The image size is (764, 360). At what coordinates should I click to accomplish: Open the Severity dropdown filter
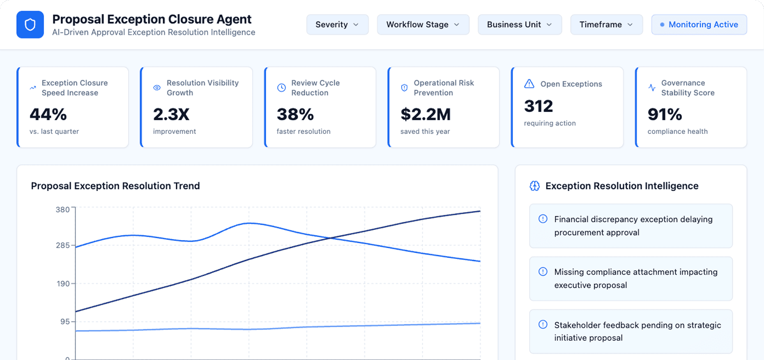pyautogui.click(x=337, y=25)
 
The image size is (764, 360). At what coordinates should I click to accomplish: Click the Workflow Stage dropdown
pyautogui.click(x=423, y=25)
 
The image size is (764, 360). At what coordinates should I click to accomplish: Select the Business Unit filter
pyautogui.click(x=519, y=25)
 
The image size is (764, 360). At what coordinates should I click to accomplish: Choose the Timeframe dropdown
pyautogui.click(x=606, y=25)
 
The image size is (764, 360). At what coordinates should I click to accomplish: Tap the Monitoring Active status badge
pyautogui.click(x=699, y=25)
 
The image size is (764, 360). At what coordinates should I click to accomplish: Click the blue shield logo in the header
pyautogui.click(x=30, y=25)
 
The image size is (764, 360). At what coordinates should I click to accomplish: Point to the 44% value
pyautogui.click(x=48, y=114)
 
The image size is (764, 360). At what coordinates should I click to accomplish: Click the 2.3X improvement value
pyautogui.click(x=171, y=114)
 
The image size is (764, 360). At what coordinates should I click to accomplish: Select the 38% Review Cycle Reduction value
pyautogui.click(x=295, y=114)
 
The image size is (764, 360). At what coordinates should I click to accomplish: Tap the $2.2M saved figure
pyautogui.click(x=426, y=114)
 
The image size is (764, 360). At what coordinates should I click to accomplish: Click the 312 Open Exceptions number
pyautogui.click(x=538, y=106)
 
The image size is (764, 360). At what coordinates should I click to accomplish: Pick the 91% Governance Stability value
pyautogui.click(x=665, y=114)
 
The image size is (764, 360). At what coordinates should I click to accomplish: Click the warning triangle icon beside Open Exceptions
pyautogui.click(x=529, y=84)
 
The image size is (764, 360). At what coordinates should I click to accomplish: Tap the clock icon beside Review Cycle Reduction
pyautogui.click(x=281, y=88)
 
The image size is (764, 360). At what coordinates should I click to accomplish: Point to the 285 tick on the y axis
pyautogui.click(x=63, y=245)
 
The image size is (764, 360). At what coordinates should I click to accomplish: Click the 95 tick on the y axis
pyautogui.click(x=65, y=321)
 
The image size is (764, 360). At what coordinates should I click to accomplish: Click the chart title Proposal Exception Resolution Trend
pyautogui.click(x=115, y=186)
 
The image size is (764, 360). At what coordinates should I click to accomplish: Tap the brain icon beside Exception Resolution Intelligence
pyautogui.click(x=534, y=186)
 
